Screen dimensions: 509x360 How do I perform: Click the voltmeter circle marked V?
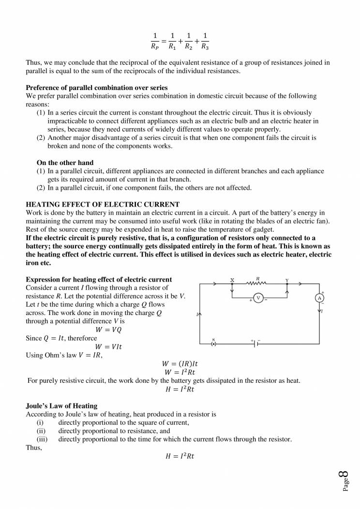(258, 298)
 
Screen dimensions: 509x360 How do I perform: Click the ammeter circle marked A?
(319, 299)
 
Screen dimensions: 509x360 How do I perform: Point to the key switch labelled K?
(213, 344)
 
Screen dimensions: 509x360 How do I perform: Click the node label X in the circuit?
(232, 280)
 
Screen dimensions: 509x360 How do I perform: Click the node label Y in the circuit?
(287, 280)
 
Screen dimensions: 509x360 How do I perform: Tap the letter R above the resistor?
(258, 278)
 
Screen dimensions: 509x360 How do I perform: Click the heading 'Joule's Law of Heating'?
(61, 405)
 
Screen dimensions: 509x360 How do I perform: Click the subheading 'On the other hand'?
(65, 163)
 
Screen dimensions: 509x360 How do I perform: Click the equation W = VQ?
(108, 329)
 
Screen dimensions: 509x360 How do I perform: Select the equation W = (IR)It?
(180, 364)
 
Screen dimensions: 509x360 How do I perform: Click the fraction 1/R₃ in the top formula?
(205, 42)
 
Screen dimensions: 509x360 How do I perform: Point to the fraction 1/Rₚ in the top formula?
(155, 42)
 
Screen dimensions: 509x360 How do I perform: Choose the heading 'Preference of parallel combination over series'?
(97, 88)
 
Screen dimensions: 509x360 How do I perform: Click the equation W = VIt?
(108, 347)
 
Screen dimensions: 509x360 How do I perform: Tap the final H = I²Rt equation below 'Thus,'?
(180, 456)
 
